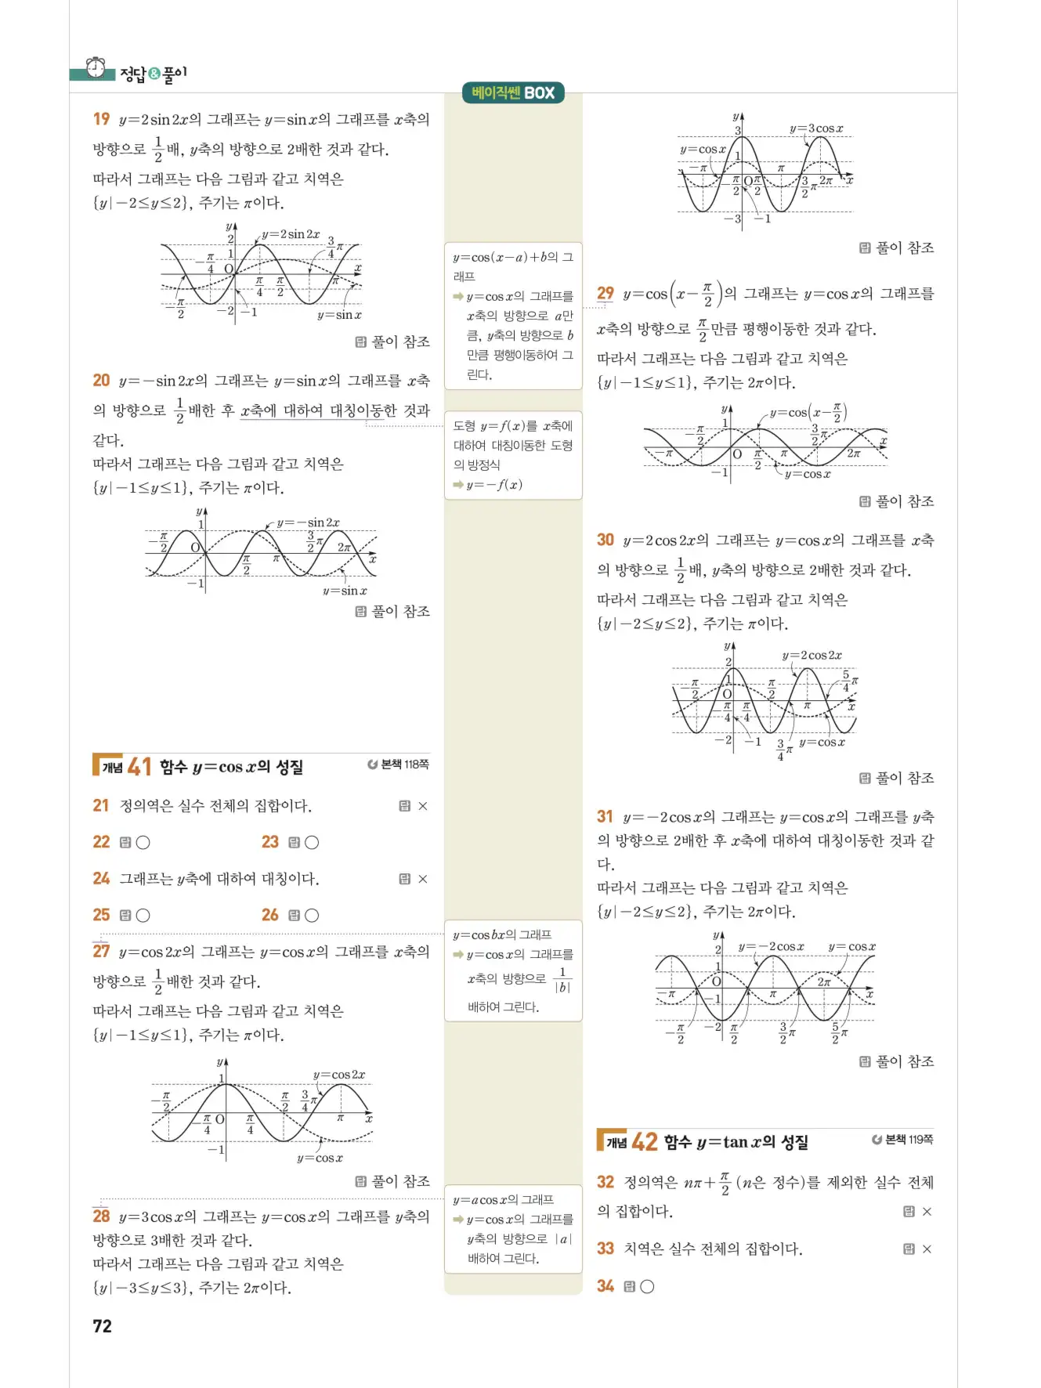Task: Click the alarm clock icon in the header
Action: [96, 68]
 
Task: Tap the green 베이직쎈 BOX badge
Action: [513, 93]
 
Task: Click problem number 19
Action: [101, 119]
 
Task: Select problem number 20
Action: [101, 381]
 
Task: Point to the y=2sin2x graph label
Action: [291, 234]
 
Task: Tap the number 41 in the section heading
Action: [139, 767]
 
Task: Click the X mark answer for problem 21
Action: [423, 806]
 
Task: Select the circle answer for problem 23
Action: [312, 843]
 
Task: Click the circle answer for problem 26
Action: [312, 916]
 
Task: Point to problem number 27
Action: [101, 952]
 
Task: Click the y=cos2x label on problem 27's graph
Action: [339, 1075]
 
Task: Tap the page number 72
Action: [103, 1326]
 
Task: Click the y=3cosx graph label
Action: [816, 128]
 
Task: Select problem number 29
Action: [605, 294]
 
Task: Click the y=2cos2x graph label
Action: [812, 656]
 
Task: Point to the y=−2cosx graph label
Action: [771, 947]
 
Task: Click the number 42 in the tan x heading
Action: [645, 1142]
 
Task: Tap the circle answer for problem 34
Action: [647, 1286]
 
